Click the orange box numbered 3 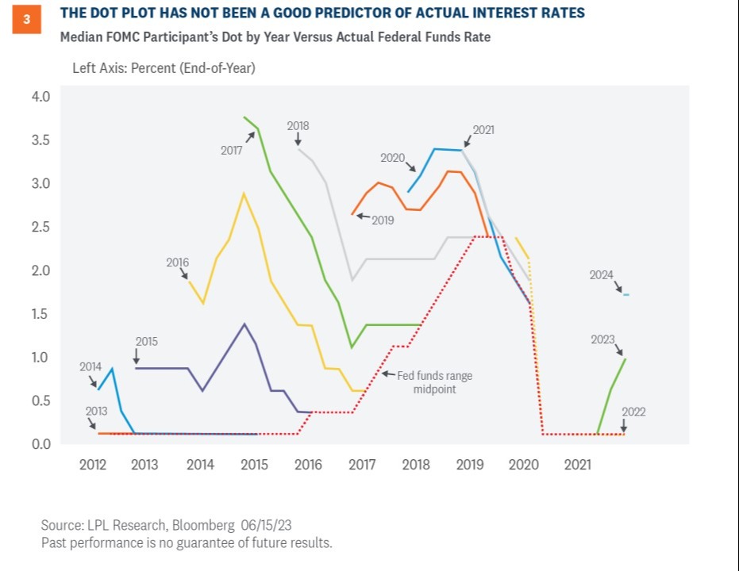[x=26, y=21]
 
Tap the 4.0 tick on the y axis [x=40, y=97]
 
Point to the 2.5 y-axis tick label [x=40, y=227]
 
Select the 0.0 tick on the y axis [x=40, y=444]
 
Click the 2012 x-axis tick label [x=92, y=465]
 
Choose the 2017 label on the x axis [x=362, y=465]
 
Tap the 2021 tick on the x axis [x=578, y=465]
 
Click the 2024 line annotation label [x=601, y=275]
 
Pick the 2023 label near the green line [x=602, y=339]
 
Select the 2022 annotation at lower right [x=633, y=412]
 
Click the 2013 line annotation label [x=97, y=411]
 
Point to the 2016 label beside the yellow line [x=178, y=262]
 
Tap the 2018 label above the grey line [x=298, y=125]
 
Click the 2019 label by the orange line [x=383, y=220]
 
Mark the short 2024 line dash [x=626, y=295]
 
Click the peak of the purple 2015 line [x=244, y=324]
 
